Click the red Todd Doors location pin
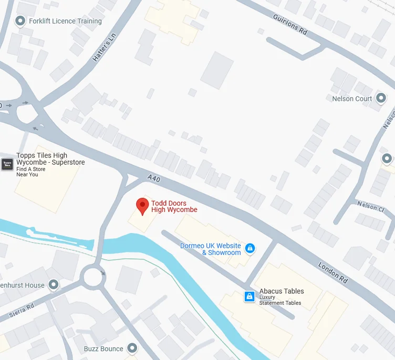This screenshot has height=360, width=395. click(x=142, y=206)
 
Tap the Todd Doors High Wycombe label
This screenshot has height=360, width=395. click(x=174, y=207)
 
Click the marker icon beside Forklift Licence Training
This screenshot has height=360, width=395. click(x=20, y=21)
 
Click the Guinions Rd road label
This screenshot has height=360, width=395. click(x=289, y=25)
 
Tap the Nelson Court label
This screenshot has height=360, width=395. click(x=352, y=99)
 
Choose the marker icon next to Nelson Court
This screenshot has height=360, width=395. click(x=381, y=99)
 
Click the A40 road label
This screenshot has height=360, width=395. click(x=154, y=180)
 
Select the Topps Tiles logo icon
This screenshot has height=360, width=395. click(x=7, y=164)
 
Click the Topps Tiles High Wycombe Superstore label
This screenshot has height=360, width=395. click(x=50, y=159)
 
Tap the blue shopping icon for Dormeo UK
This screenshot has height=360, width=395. click(x=250, y=248)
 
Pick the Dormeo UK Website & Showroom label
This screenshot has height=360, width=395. click(x=210, y=249)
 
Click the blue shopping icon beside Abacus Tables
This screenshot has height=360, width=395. click(x=250, y=297)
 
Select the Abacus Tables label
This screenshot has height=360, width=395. click(x=282, y=291)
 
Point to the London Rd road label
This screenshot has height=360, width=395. click(x=333, y=273)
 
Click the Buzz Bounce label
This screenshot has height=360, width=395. click(x=103, y=348)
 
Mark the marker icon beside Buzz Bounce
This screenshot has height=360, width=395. click(x=132, y=348)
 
